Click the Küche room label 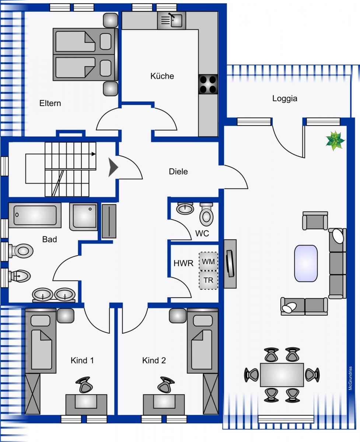click(x=162, y=76)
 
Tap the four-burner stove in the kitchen click(x=208, y=84)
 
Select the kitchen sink click(x=172, y=20)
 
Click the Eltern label click(x=50, y=104)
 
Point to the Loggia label click(x=284, y=99)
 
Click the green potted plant click(x=335, y=141)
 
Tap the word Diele click(x=178, y=171)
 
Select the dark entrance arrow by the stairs click(x=113, y=168)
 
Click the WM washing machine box click(x=209, y=262)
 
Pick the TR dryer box click(x=209, y=280)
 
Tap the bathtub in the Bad click(x=35, y=215)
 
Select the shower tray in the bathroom click(x=84, y=216)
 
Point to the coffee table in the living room click(x=306, y=263)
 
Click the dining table click(x=282, y=375)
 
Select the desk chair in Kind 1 click(x=85, y=385)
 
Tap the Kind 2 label click(x=154, y=361)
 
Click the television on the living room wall click(x=230, y=263)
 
